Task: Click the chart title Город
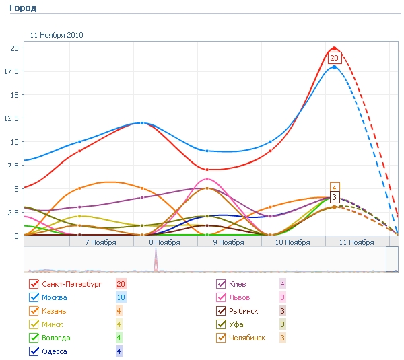23,8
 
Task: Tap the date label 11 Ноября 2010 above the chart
57,35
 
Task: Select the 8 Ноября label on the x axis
164,242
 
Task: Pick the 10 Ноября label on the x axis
292,242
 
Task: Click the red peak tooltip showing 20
334,58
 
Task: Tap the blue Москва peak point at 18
334,67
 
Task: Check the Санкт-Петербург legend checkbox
34,284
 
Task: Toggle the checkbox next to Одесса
34,351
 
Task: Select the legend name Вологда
55,338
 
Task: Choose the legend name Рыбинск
244,311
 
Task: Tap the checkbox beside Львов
220,297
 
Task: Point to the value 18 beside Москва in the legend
121,297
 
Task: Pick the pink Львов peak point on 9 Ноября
207,179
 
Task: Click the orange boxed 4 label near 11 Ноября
334,188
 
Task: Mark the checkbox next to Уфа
220,324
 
